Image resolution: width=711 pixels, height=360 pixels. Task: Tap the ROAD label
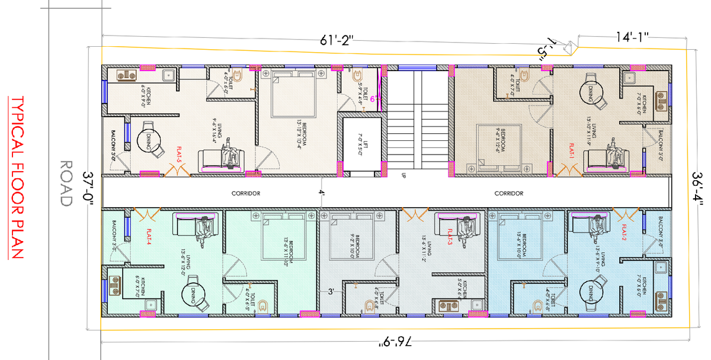coord(65,183)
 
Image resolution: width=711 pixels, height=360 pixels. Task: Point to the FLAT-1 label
coord(572,149)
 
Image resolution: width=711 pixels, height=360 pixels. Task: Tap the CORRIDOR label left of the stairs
coord(246,194)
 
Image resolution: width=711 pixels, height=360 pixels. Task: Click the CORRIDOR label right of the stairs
coord(509,194)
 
